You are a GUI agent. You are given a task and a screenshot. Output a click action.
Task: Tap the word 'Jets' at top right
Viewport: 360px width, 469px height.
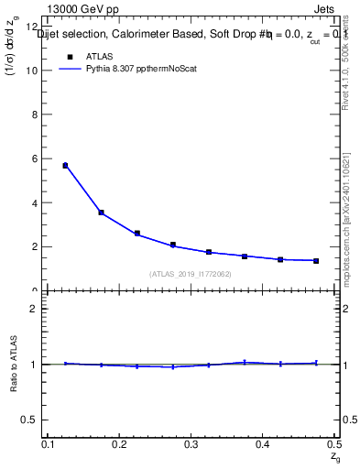[x=325, y=12]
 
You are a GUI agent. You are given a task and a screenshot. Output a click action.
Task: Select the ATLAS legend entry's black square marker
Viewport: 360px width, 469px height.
[x=70, y=56]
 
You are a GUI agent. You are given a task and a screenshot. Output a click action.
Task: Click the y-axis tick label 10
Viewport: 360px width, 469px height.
[x=32, y=71]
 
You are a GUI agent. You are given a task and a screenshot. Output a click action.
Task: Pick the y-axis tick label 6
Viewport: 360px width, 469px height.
[x=35, y=158]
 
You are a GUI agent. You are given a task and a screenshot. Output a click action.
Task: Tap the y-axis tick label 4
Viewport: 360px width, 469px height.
[x=35, y=202]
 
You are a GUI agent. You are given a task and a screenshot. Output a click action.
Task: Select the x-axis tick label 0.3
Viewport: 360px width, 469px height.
[x=191, y=443]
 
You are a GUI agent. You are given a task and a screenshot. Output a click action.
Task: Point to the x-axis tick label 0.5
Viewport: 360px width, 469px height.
[x=334, y=443]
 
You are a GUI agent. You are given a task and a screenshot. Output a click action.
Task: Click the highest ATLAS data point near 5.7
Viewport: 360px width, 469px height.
[x=65, y=166]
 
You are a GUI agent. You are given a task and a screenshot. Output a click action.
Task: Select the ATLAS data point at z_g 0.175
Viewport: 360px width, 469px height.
[x=101, y=213]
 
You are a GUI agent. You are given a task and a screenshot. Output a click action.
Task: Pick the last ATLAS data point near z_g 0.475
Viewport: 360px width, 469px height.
[x=316, y=261]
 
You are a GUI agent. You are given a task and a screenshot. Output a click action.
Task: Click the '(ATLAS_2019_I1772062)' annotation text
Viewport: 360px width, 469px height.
[x=191, y=274]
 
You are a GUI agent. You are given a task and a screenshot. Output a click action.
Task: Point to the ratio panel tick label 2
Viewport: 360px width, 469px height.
[x=35, y=309]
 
